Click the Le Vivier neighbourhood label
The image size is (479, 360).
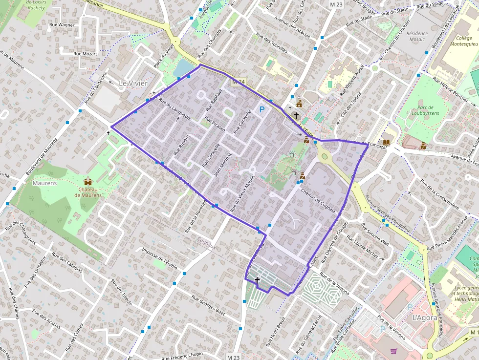coord(133,84)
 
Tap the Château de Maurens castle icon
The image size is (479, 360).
coord(88,182)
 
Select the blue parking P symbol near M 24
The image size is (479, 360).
coord(262,109)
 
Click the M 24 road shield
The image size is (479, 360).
coord(238,82)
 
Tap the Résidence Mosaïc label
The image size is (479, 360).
coord(417,37)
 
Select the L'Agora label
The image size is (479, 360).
coord(424,318)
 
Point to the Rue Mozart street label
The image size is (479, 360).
coord(85,54)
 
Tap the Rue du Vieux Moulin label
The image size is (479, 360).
coord(243,192)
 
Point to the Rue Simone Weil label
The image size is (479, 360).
coord(375,233)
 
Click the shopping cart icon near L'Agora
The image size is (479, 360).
coord(394,351)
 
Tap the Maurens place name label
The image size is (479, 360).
coord(44,183)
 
